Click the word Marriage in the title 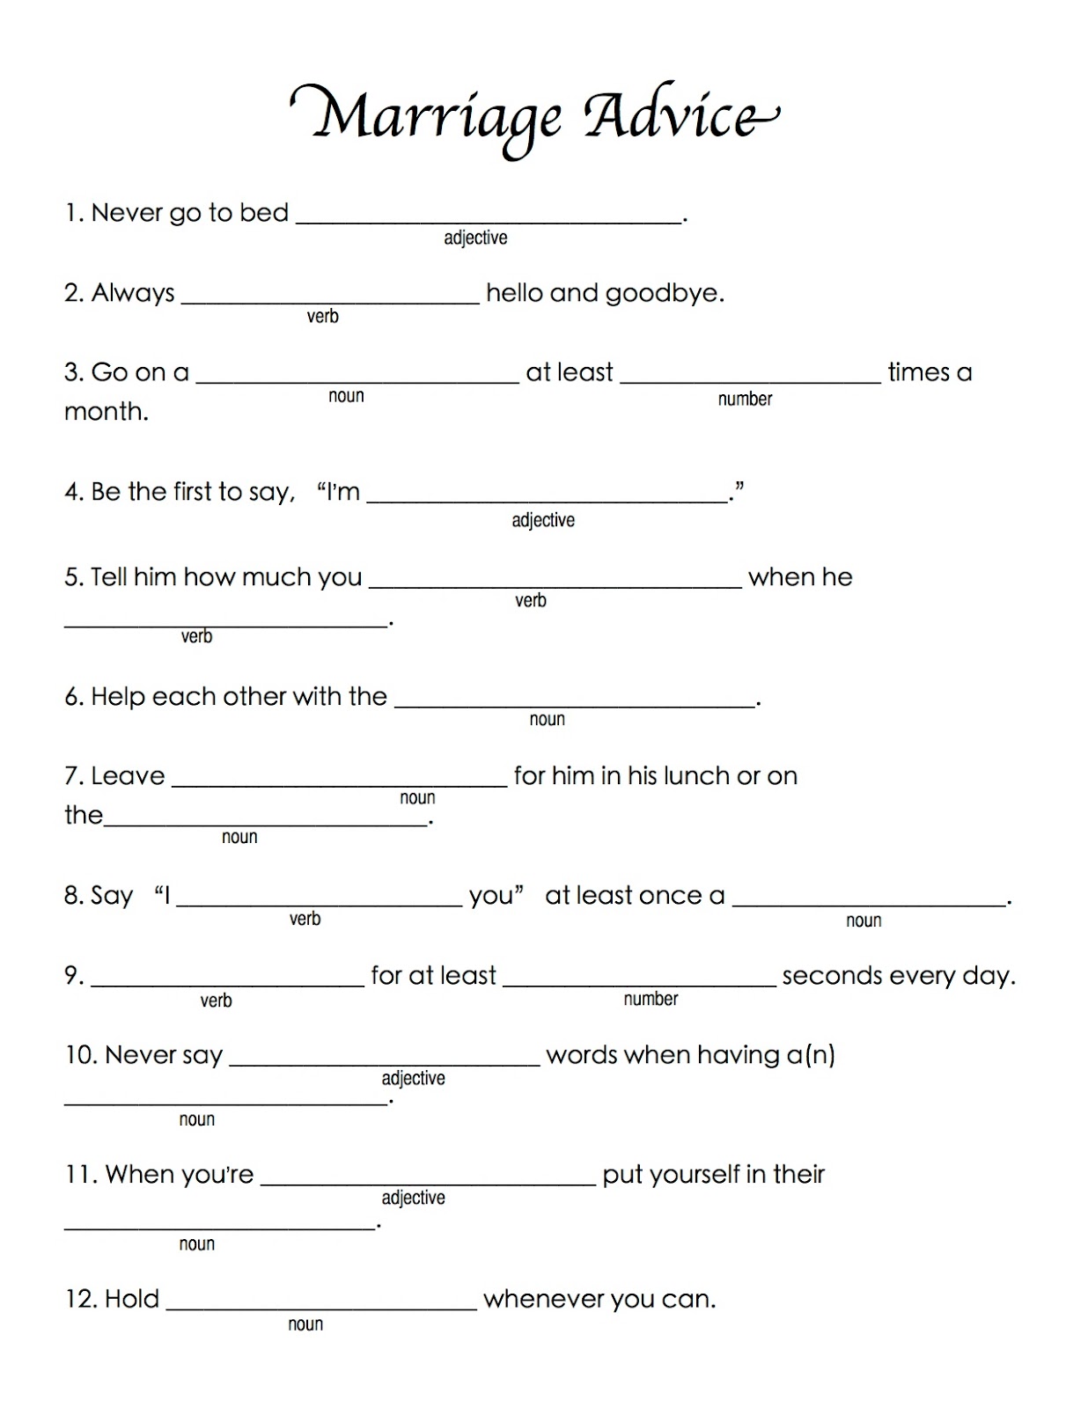[436, 117]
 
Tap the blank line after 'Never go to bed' [489, 218]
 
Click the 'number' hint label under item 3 [745, 400]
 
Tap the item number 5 [72, 577]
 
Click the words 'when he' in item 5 [800, 577]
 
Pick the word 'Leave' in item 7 [128, 776]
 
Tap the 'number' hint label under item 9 [651, 999]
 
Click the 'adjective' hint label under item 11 [413, 1198]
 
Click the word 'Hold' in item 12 [132, 1299]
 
